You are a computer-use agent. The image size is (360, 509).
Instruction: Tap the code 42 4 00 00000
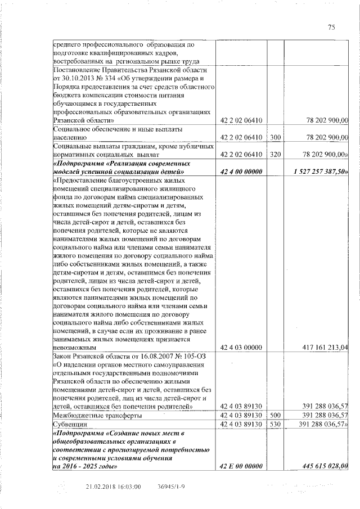pos(241,171)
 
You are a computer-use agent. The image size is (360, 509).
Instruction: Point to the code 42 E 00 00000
pos(241,466)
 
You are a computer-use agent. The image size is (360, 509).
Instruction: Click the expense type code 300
pos(275,137)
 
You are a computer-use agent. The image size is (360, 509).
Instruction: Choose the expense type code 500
pos(275,415)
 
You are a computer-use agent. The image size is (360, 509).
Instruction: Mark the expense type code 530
pos(275,424)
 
